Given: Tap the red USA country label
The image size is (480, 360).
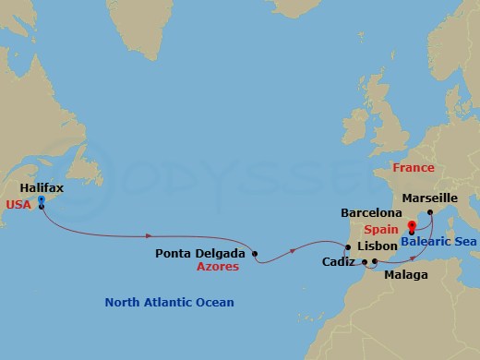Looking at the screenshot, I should click(x=18, y=205).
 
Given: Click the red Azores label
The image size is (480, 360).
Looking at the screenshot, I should click(x=218, y=267).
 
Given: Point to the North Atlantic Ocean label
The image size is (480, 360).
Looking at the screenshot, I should click(x=169, y=302).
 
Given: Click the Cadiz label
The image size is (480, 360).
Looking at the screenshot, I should click(x=337, y=262).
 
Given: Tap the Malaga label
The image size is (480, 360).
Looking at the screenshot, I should click(x=406, y=275).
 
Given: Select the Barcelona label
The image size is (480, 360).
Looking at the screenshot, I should click(x=372, y=211).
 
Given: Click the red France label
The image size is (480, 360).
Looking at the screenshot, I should click(x=413, y=168).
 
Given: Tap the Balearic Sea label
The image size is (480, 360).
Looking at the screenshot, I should click(x=438, y=242).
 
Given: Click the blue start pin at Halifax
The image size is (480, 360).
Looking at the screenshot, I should click(x=42, y=200).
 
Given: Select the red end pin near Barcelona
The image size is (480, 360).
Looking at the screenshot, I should click(x=412, y=224).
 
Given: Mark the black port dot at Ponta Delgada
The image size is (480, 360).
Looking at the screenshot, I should click(x=256, y=253).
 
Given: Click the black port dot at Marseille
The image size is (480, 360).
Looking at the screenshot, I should click(x=430, y=211).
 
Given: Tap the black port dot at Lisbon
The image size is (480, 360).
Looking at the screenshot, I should click(x=347, y=246).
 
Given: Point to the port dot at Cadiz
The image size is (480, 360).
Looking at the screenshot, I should click(x=365, y=262).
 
